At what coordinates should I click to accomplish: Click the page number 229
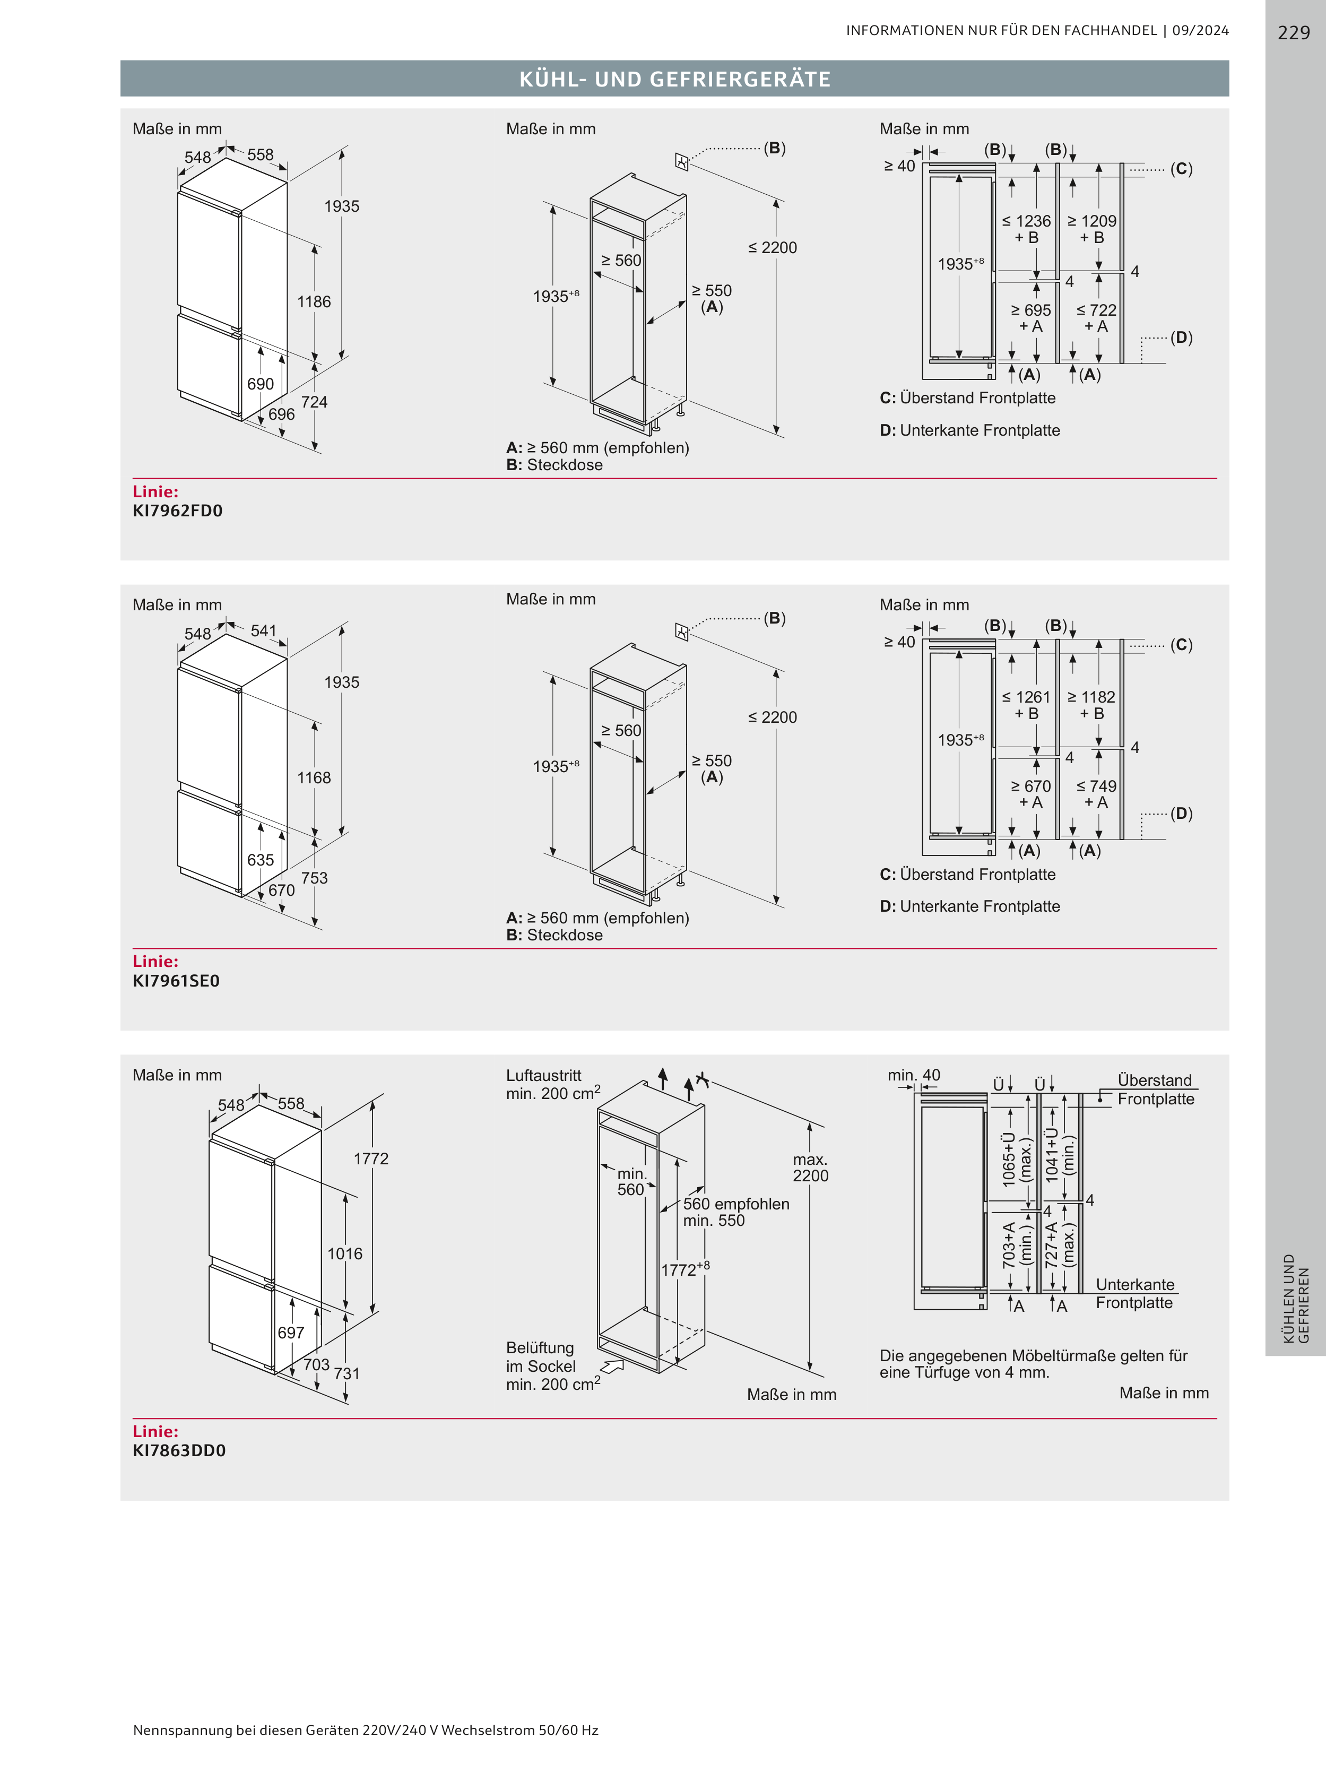point(1293,32)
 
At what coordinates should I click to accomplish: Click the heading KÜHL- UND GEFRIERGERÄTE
point(674,79)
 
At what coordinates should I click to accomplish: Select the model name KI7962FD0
point(177,511)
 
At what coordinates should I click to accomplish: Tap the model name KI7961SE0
point(176,980)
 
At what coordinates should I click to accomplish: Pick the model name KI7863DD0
point(179,1450)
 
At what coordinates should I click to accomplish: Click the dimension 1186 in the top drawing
point(314,302)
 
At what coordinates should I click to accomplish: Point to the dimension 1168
point(314,778)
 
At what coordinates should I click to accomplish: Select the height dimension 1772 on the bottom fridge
point(371,1158)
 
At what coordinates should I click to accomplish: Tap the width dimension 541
point(263,631)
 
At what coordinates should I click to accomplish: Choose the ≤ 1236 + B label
point(1027,229)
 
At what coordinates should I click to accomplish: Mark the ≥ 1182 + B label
point(1091,705)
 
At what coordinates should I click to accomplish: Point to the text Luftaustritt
point(543,1076)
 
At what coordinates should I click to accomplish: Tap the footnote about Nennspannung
point(365,1730)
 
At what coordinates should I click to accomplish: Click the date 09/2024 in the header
point(1200,30)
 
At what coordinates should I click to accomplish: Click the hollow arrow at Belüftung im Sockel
point(612,1366)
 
